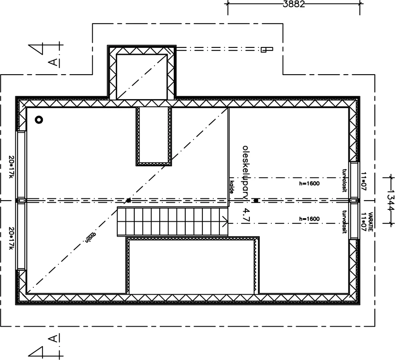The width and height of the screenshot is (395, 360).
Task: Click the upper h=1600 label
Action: coord(309,184)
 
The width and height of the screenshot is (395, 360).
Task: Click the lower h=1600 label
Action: coord(309,219)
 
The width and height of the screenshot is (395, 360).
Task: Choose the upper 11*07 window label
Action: coord(363,180)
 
